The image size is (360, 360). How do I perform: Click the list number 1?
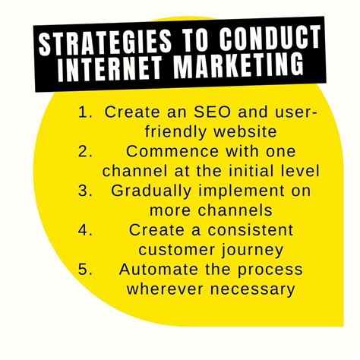[84, 112]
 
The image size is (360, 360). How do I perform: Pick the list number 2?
[84, 151]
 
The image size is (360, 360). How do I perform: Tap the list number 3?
[84, 191]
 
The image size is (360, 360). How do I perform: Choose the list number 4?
[84, 230]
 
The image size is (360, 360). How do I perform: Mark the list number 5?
[84, 270]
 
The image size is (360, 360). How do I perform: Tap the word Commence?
[177, 151]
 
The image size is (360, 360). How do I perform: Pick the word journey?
[257, 250]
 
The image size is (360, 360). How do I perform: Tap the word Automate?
[156, 270]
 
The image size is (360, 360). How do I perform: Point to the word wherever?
[163, 289]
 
